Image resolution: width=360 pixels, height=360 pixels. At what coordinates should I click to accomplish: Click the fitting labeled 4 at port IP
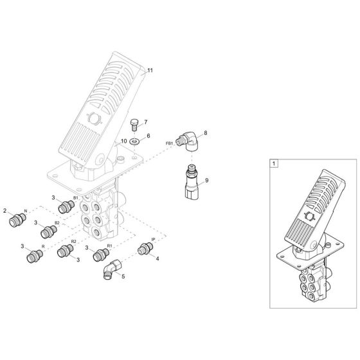coord(144,251)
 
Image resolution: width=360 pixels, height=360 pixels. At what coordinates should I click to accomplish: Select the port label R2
coord(73,242)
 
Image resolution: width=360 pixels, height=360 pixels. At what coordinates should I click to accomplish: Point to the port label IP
coord(153,239)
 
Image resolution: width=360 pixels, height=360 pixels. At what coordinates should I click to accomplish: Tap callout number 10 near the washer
coord(123,140)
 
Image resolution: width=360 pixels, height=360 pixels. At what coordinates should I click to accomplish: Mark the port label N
coord(26,212)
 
